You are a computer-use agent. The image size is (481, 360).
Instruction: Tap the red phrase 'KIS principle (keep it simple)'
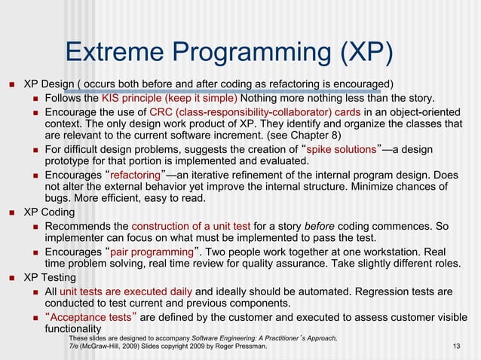[x=170, y=98]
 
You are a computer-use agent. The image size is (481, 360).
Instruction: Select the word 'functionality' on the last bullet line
[x=73, y=329]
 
